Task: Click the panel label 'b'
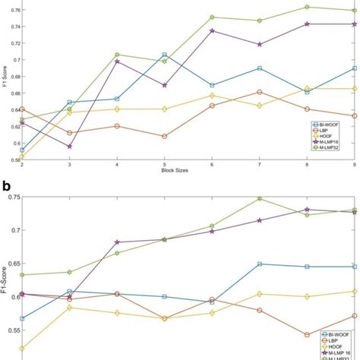[5, 185]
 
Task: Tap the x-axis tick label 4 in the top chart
[117, 165]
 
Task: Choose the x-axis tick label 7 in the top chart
[260, 165]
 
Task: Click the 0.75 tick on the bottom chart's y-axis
[13, 197]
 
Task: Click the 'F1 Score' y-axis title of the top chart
[5, 84]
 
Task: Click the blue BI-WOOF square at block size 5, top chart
[165, 55]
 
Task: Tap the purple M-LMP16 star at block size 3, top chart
[70, 147]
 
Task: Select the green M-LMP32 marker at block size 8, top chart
[307, 7]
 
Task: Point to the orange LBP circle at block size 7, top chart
[260, 92]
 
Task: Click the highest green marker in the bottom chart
[260, 198]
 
